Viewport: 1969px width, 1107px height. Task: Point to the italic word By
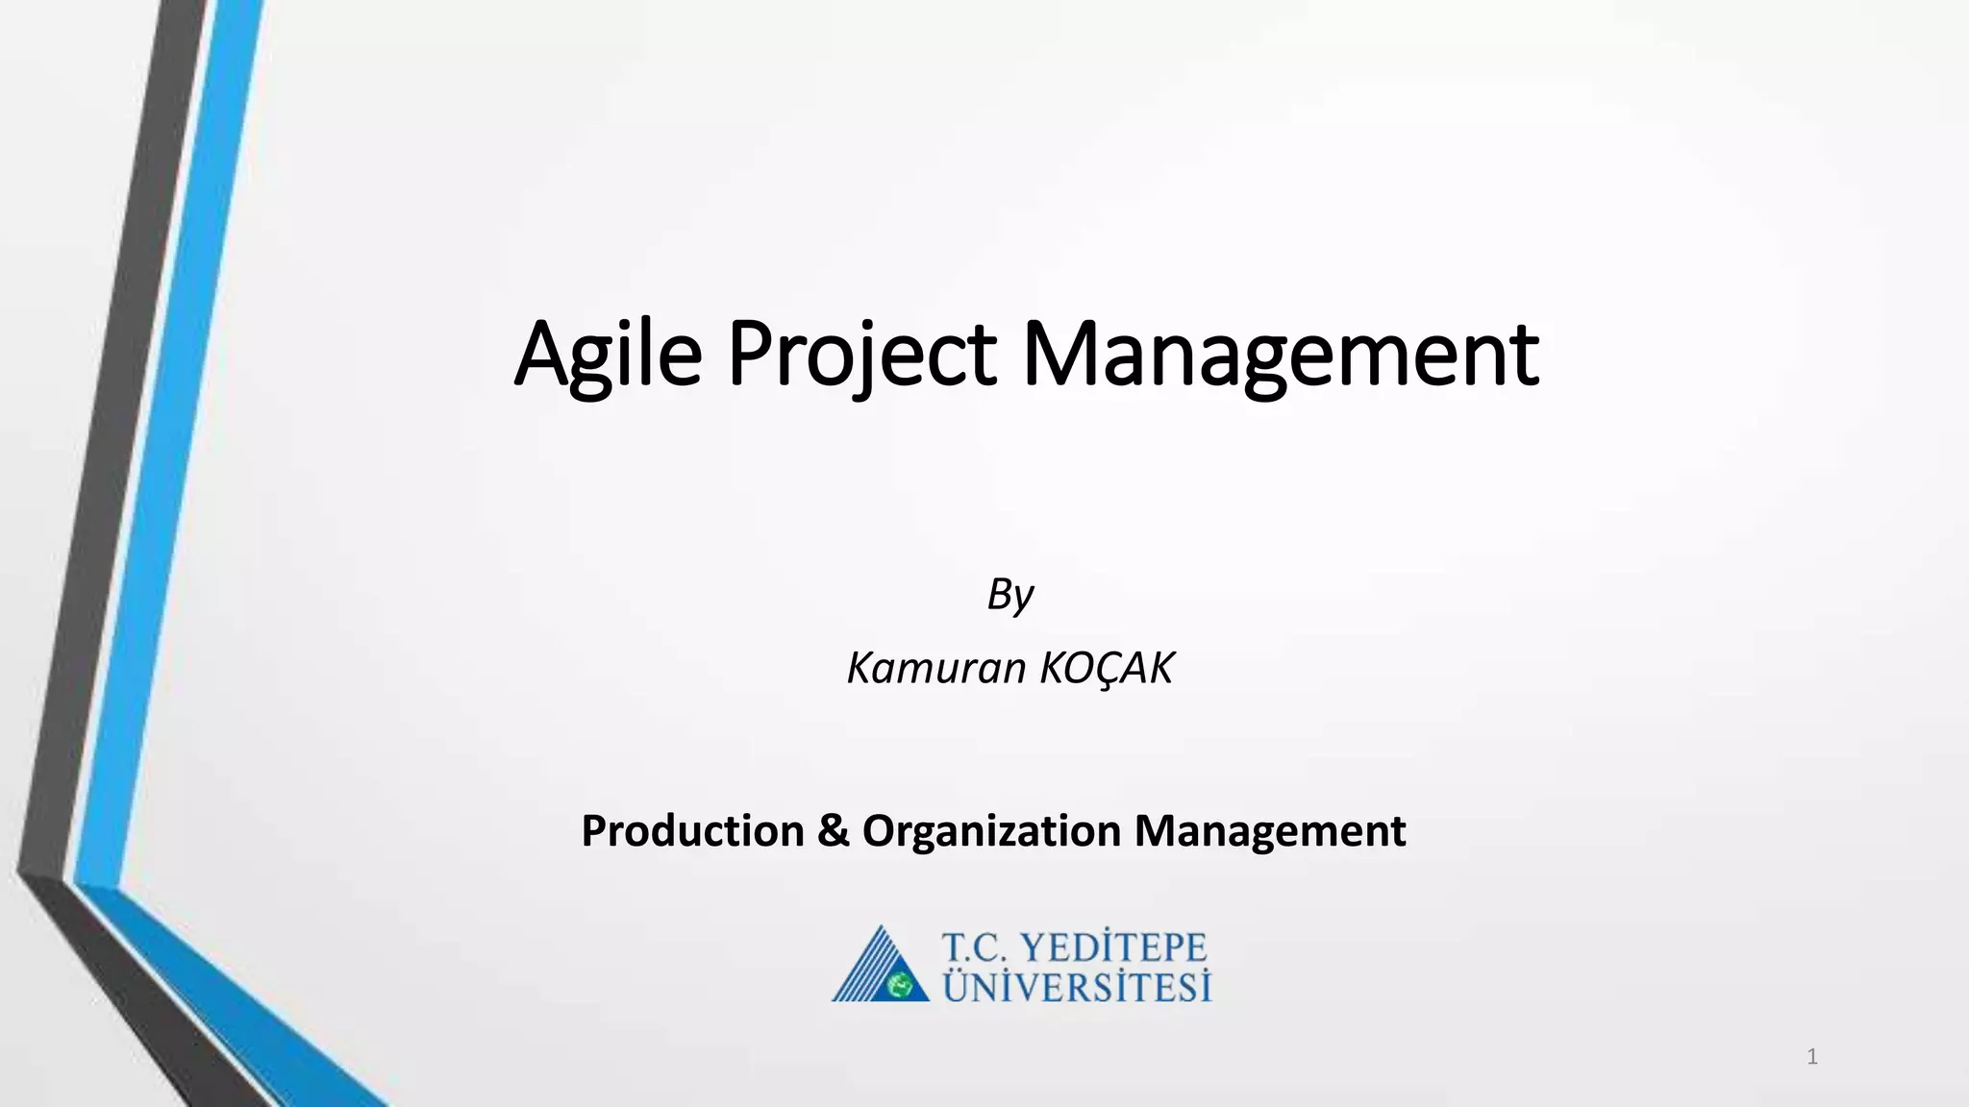tap(1009, 595)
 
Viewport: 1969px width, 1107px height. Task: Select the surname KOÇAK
tap(1107, 668)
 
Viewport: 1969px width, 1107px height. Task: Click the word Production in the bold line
tap(692, 830)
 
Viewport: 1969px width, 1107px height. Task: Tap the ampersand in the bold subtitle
tap(833, 830)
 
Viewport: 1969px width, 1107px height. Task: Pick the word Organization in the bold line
tap(991, 830)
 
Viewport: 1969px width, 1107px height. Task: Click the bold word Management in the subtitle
tap(1270, 830)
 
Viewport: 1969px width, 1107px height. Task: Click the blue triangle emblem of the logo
tap(880, 966)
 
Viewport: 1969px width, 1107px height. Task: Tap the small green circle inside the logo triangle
tap(901, 985)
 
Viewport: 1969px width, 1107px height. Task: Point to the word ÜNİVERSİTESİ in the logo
tap(1077, 987)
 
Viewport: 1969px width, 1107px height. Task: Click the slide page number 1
tap(1811, 1058)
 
